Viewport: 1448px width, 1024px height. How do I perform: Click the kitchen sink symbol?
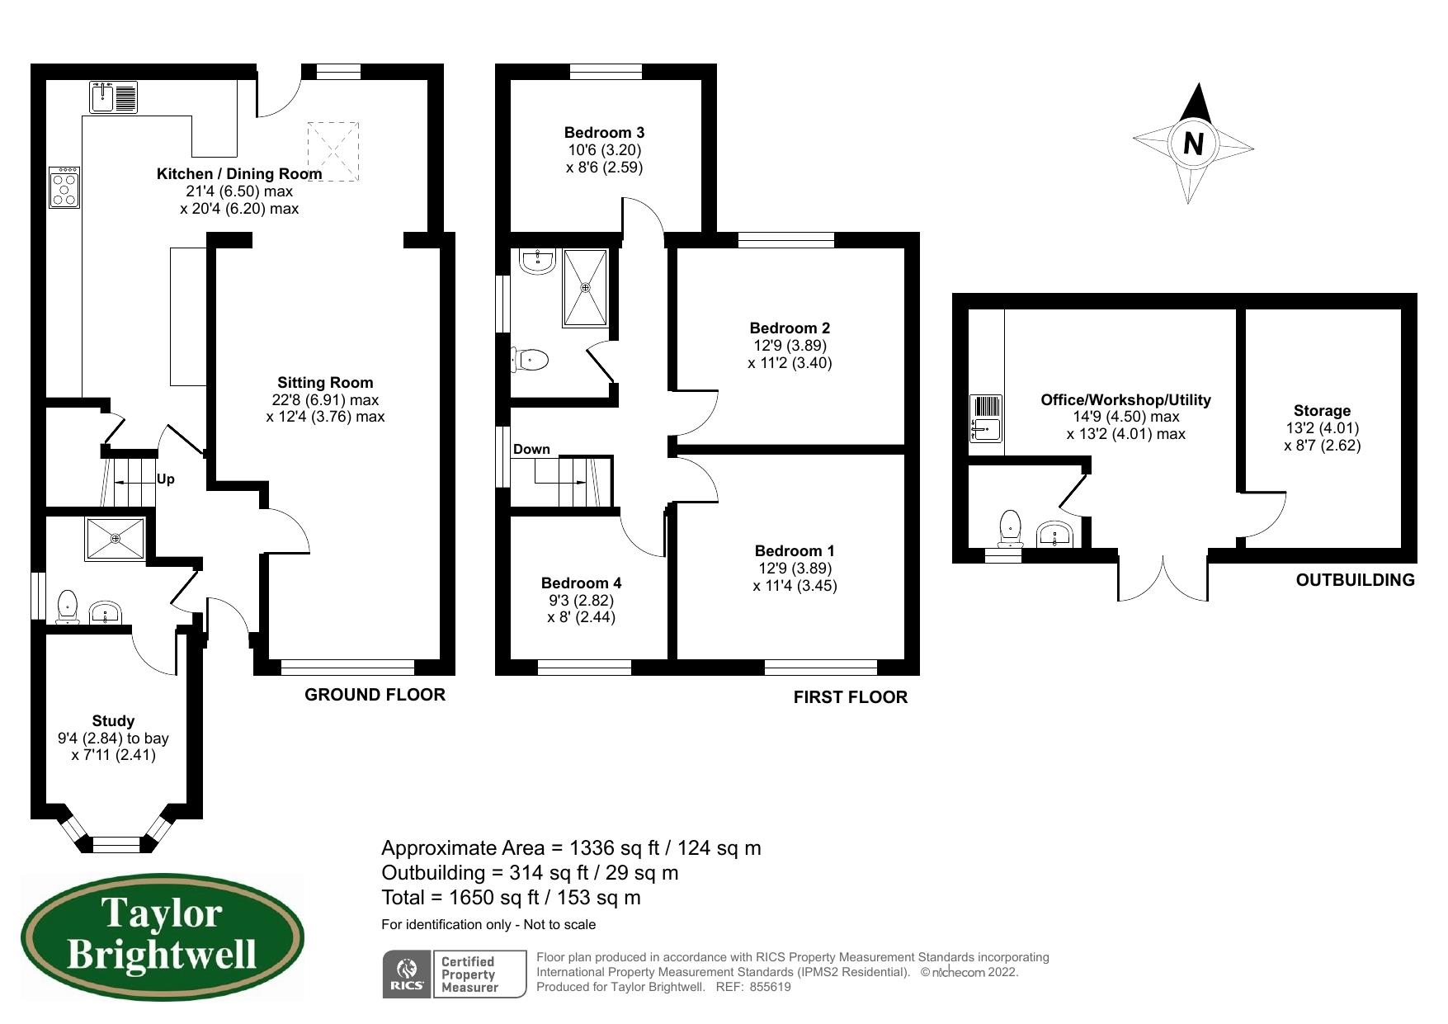tap(114, 97)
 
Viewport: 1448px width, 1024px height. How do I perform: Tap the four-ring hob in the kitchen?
tap(64, 187)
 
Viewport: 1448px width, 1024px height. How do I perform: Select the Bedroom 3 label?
tap(604, 132)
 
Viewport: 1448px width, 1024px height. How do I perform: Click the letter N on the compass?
tap(1193, 144)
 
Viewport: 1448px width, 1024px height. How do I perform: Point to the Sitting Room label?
tap(325, 382)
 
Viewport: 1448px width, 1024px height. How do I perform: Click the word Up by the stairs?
tap(166, 479)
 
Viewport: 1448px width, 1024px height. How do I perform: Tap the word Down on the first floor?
tap(531, 449)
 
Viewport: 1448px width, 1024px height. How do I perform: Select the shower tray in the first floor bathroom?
tap(586, 287)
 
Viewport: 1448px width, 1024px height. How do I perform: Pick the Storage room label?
tap(1322, 410)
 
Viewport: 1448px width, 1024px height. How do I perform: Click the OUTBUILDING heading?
tap(1355, 580)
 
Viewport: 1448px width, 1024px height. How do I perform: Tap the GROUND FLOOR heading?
tap(375, 695)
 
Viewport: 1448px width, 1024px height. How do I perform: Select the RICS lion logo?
tap(407, 973)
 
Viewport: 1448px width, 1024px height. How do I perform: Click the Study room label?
tap(113, 720)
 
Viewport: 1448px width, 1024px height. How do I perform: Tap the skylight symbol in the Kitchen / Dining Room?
tap(333, 151)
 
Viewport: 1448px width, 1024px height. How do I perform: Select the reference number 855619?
tap(771, 986)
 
